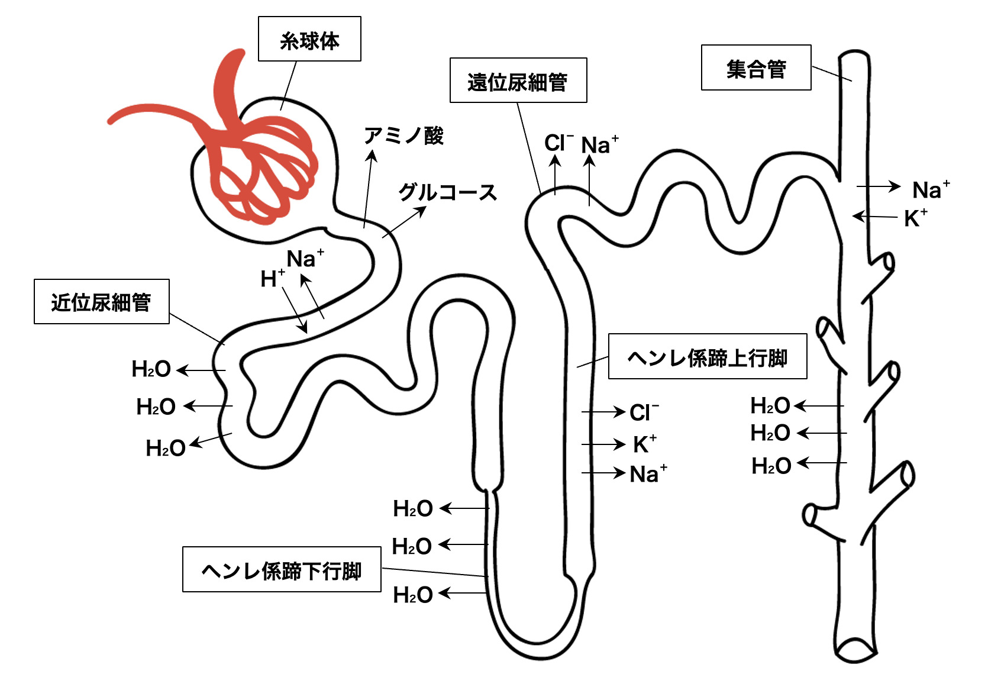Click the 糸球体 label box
coord(309,39)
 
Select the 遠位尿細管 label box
coord(518,80)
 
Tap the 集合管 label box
coord(756,68)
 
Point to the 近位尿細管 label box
coord(102,302)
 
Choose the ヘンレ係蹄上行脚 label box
coord(708,357)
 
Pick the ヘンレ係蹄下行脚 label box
coord(282,569)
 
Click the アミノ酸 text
coord(404,136)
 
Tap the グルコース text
coord(447,192)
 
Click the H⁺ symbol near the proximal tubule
coord(272,278)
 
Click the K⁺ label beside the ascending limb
coord(644,443)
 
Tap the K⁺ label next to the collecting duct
coord(915,218)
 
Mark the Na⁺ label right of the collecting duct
coord(930,189)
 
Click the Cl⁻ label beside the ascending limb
coord(643,412)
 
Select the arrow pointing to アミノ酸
coord(368,189)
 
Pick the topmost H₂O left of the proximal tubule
coord(151,369)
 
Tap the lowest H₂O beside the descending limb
coord(413,595)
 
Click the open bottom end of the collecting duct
coord(856,649)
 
